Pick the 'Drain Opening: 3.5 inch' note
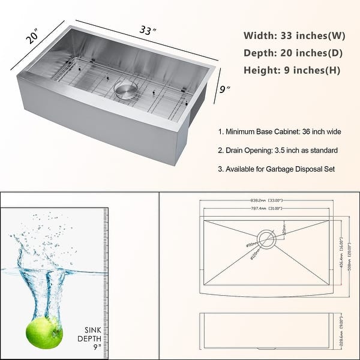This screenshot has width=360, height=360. [278, 150]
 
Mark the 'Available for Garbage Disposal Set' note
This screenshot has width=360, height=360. [277, 169]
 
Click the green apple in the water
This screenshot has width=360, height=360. [44, 331]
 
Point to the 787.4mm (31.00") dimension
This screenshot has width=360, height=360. [268, 209]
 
